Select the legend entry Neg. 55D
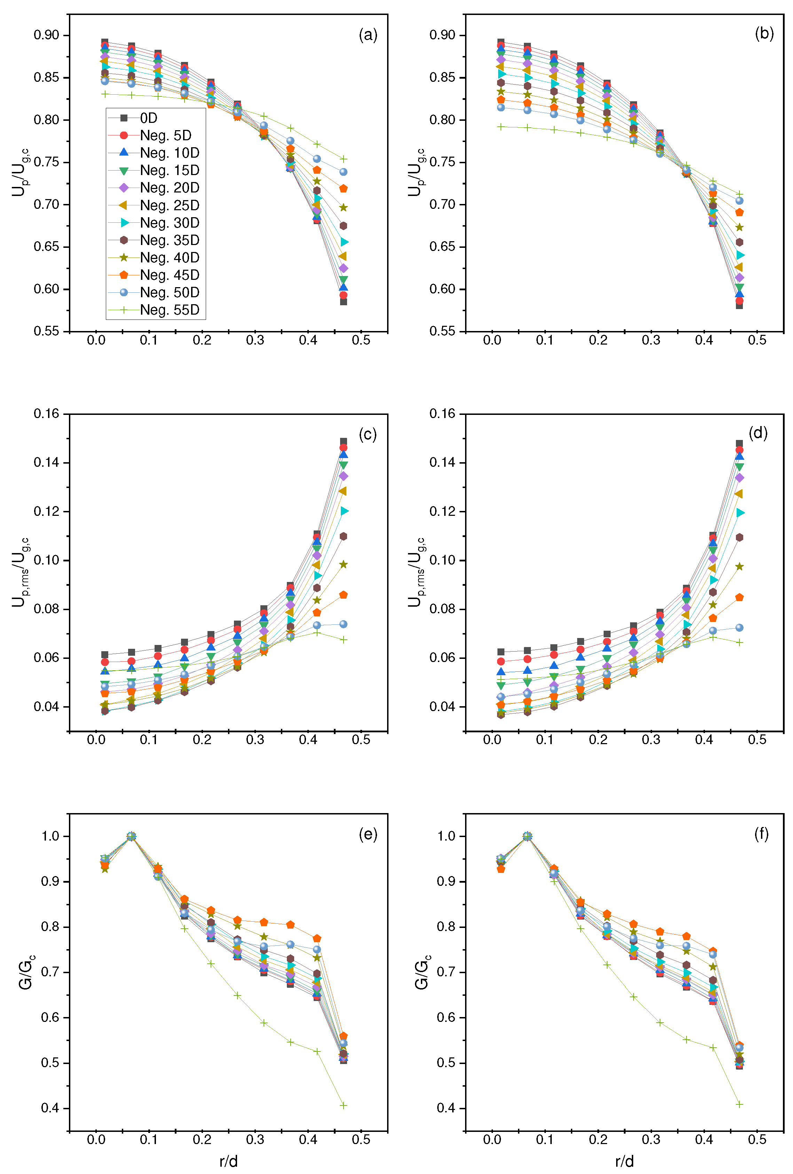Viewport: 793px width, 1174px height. (169, 310)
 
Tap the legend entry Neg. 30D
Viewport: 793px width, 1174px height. (169, 223)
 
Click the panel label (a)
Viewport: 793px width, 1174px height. (368, 35)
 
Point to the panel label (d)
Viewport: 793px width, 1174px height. (758, 433)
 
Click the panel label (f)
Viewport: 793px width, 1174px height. (761, 834)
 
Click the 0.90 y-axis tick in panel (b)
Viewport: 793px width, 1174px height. (442, 35)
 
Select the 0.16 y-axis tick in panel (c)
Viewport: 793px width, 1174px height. (46, 414)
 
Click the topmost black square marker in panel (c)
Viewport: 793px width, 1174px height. (344, 442)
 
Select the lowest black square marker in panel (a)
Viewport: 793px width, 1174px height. (344, 301)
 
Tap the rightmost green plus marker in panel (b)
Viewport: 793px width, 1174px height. (739, 194)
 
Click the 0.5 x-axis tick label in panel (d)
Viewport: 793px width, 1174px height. (757, 740)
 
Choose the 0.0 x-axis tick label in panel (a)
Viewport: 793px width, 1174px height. (96, 340)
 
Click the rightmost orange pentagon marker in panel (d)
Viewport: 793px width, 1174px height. (739, 597)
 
